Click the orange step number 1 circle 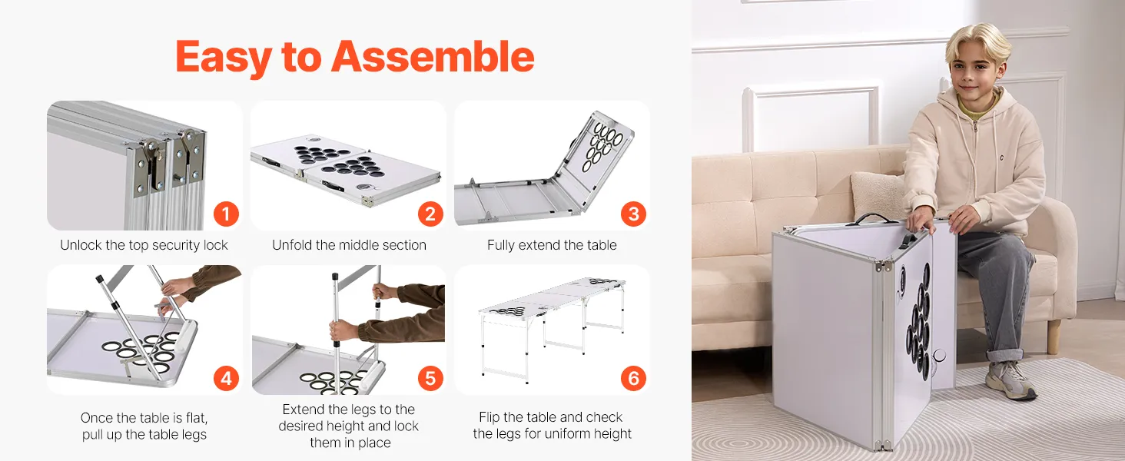[x=226, y=214]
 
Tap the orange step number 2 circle [x=430, y=214]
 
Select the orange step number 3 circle [x=633, y=214]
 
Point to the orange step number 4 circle [x=226, y=378]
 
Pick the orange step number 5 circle [x=430, y=378]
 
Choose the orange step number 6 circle [x=633, y=378]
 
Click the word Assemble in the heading [x=433, y=56]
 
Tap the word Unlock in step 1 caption [x=81, y=245]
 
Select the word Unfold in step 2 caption [x=292, y=245]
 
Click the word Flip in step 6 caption [x=489, y=418]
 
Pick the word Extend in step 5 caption [x=303, y=410]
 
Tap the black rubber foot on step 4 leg [x=99, y=277]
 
